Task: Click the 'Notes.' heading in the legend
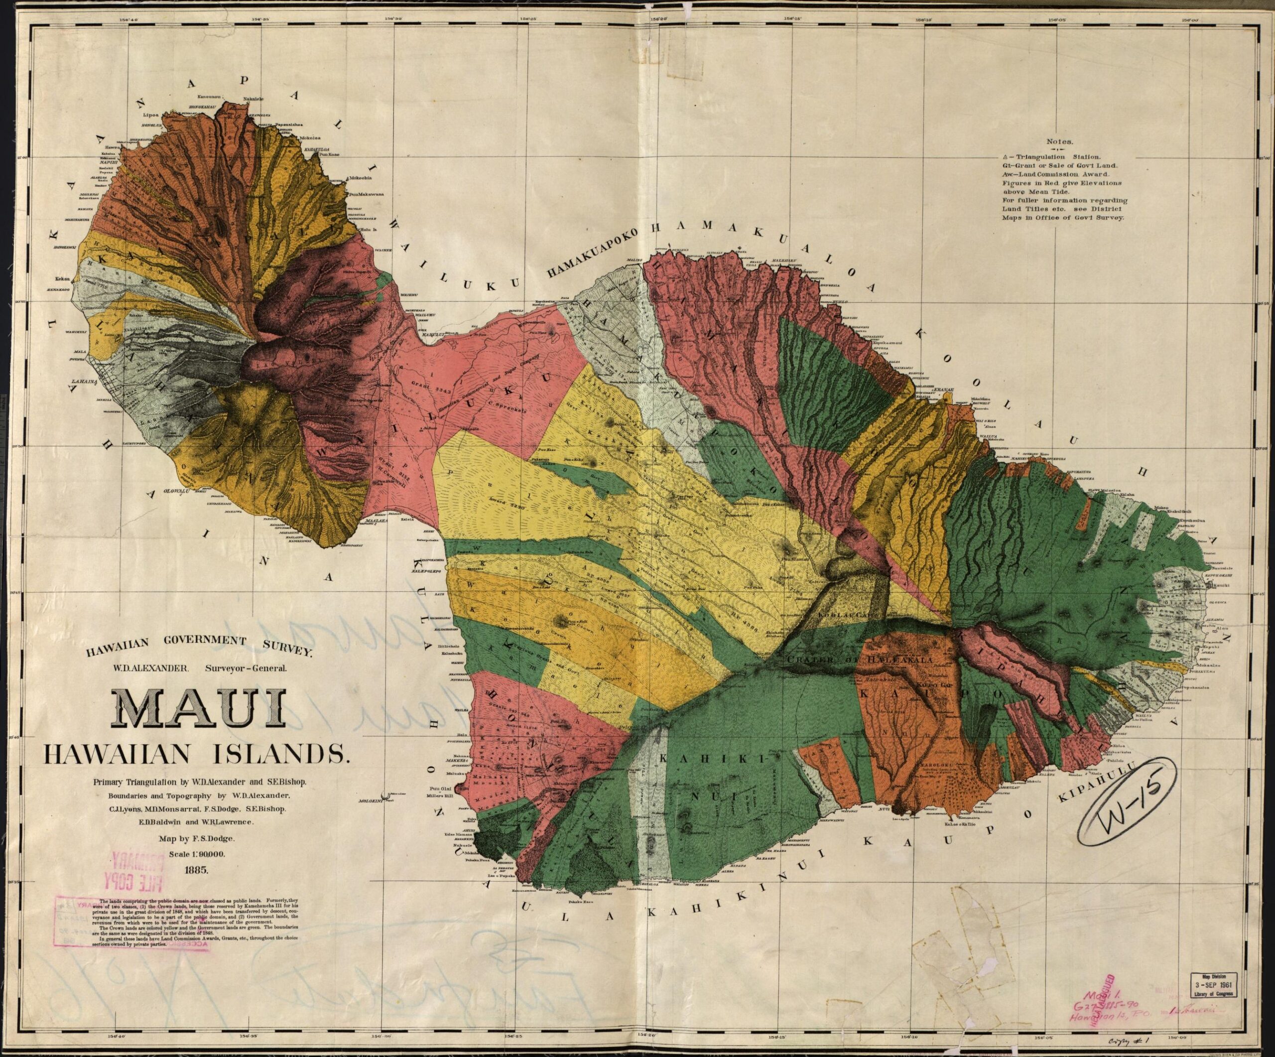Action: tap(1059, 141)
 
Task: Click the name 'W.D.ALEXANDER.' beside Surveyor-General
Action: tap(151, 667)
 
